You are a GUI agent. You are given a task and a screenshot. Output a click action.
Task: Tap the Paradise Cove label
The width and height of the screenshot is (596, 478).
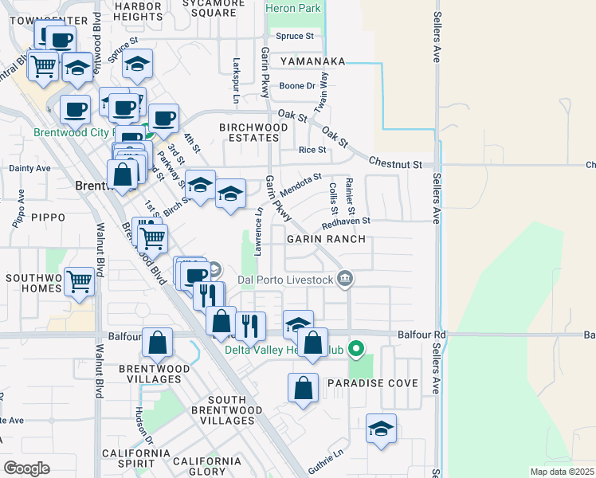click(373, 383)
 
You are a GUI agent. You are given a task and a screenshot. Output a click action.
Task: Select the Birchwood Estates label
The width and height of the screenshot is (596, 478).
click(254, 132)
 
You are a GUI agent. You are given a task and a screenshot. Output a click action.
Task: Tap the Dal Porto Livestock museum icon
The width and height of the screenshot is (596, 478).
click(345, 279)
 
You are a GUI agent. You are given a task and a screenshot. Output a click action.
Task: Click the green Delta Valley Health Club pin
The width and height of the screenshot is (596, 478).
click(358, 348)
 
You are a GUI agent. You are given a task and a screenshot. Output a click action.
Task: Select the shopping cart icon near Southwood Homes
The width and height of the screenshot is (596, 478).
click(79, 280)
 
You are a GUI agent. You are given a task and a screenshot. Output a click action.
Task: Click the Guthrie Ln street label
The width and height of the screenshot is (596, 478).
click(327, 455)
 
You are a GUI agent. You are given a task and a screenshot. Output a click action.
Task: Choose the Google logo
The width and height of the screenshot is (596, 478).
click(26, 468)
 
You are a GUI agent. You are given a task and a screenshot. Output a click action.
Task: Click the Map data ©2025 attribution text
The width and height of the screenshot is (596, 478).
click(562, 472)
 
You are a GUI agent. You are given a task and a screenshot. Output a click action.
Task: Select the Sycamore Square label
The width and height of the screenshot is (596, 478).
click(214, 7)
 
